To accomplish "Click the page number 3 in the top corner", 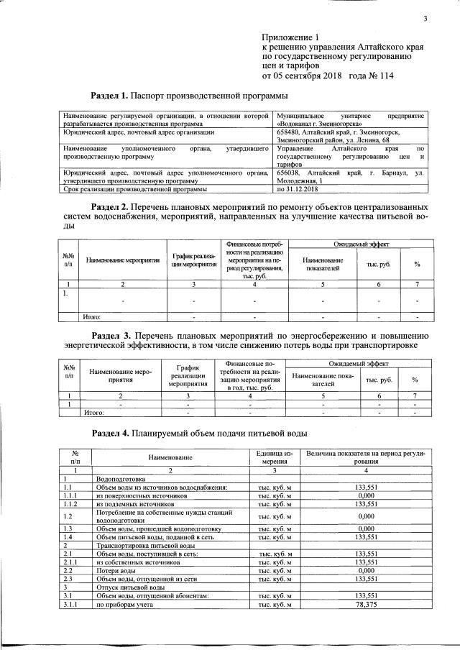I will (x=425, y=19).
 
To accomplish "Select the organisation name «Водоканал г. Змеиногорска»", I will (x=319, y=124).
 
